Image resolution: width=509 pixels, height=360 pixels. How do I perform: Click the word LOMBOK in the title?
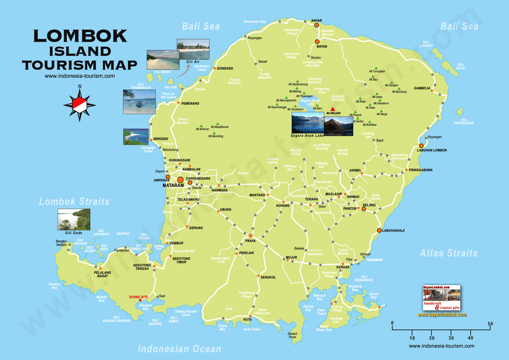click(80, 36)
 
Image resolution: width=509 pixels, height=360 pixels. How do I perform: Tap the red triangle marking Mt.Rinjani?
click(332, 109)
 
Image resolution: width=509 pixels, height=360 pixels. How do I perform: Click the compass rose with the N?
click(80, 104)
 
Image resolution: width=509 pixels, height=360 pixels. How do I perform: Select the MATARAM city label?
click(173, 185)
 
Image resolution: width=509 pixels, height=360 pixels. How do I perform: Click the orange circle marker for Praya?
click(250, 236)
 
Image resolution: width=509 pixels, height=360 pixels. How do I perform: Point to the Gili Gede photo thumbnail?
click(74, 219)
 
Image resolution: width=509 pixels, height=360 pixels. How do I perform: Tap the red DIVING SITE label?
click(138, 297)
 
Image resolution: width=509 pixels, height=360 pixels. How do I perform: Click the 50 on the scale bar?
click(490, 324)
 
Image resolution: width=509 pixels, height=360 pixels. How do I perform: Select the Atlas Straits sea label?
click(449, 253)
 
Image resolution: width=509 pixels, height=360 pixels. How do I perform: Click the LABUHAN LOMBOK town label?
click(432, 150)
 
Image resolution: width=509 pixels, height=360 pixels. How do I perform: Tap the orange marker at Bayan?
click(317, 42)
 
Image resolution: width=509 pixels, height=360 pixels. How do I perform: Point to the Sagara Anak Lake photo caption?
click(307, 136)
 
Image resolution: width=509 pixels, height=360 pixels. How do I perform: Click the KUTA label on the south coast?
click(248, 320)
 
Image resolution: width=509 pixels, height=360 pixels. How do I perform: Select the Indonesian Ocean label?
click(179, 349)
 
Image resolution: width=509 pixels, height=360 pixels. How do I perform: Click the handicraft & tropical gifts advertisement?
click(442, 298)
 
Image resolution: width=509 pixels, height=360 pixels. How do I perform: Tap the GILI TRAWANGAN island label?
click(141, 86)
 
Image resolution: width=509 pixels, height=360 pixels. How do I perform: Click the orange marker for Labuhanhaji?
click(379, 230)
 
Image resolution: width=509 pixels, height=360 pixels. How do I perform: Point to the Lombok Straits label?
click(74, 201)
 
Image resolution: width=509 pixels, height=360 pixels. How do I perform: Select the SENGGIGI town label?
click(161, 139)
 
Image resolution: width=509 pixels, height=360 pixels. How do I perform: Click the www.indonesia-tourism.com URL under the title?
click(80, 76)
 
